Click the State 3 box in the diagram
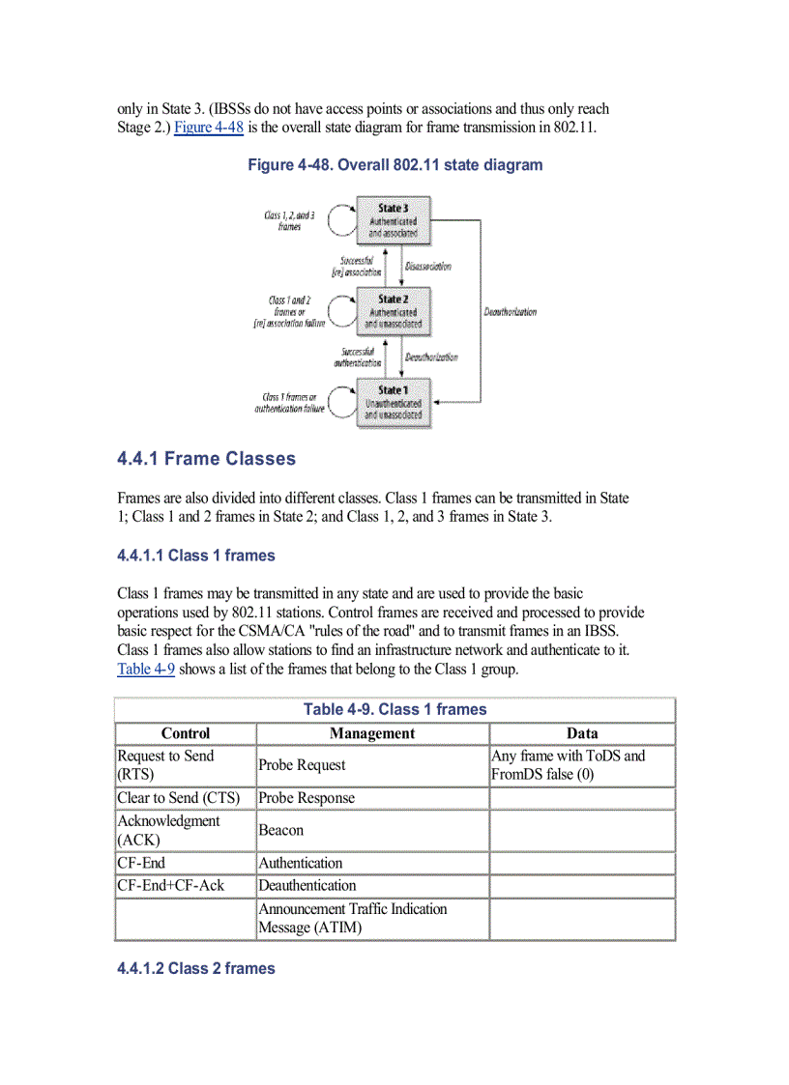(x=393, y=220)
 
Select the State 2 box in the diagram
(x=393, y=312)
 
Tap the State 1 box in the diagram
(x=393, y=403)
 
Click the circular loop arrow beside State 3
(x=342, y=221)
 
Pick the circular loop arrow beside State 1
(x=342, y=403)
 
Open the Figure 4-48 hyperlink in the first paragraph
(x=208, y=128)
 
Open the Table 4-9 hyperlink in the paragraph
(x=145, y=669)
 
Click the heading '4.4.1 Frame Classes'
(x=206, y=459)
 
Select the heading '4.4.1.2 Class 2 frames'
(x=195, y=968)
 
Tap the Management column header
(x=372, y=733)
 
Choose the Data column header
(x=582, y=733)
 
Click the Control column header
(x=186, y=733)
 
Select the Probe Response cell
(x=307, y=798)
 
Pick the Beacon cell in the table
(x=280, y=830)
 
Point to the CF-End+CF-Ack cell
(x=170, y=885)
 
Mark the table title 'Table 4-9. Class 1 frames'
(x=394, y=709)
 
